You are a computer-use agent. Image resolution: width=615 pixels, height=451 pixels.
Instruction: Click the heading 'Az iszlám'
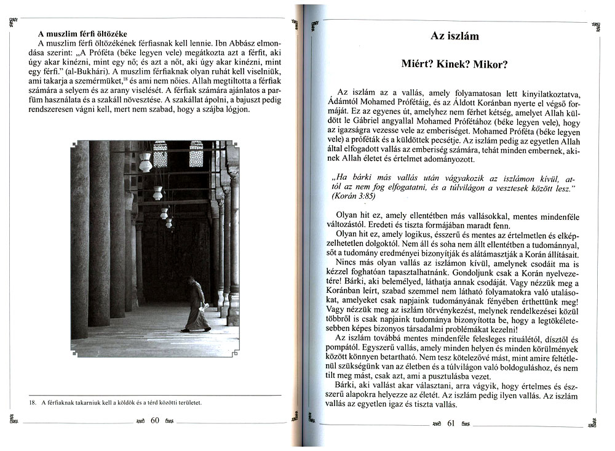454,36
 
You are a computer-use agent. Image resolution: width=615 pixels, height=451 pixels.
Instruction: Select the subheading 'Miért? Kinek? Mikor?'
454,64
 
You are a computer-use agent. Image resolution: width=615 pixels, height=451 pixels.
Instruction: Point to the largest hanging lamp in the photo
146,162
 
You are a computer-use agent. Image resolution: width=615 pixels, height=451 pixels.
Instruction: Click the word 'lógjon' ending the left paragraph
236,109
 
